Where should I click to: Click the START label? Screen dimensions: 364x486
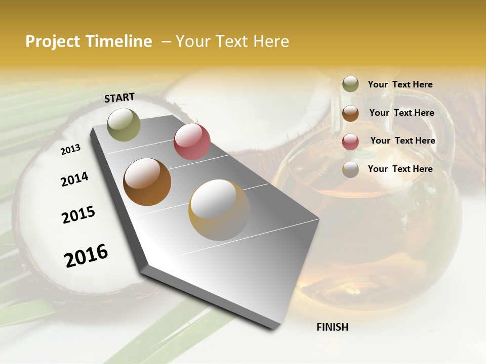tap(119, 98)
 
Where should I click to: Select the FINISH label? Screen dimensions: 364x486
tap(333, 327)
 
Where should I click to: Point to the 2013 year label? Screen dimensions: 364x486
tap(70, 150)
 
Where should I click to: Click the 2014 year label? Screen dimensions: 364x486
tap(74, 179)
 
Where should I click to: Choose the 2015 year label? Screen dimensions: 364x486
tap(78, 215)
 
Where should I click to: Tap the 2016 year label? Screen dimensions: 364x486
tap(86, 256)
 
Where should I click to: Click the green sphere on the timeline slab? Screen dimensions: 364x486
tap(124, 124)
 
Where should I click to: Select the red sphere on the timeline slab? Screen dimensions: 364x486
tap(192, 142)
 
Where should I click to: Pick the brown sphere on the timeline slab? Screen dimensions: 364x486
tap(147, 182)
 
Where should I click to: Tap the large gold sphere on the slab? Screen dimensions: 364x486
tap(219, 210)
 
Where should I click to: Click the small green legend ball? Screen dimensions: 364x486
tap(350, 84)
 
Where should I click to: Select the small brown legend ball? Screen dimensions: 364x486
tap(350, 113)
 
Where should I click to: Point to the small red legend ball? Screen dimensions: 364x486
tap(350, 142)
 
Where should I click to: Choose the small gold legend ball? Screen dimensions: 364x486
tap(350, 169)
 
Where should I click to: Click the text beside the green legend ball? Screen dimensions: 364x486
tap(400, 84)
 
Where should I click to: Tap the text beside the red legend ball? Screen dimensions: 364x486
tap(402, 141)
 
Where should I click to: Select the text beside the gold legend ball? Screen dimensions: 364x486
tap(400, 169)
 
